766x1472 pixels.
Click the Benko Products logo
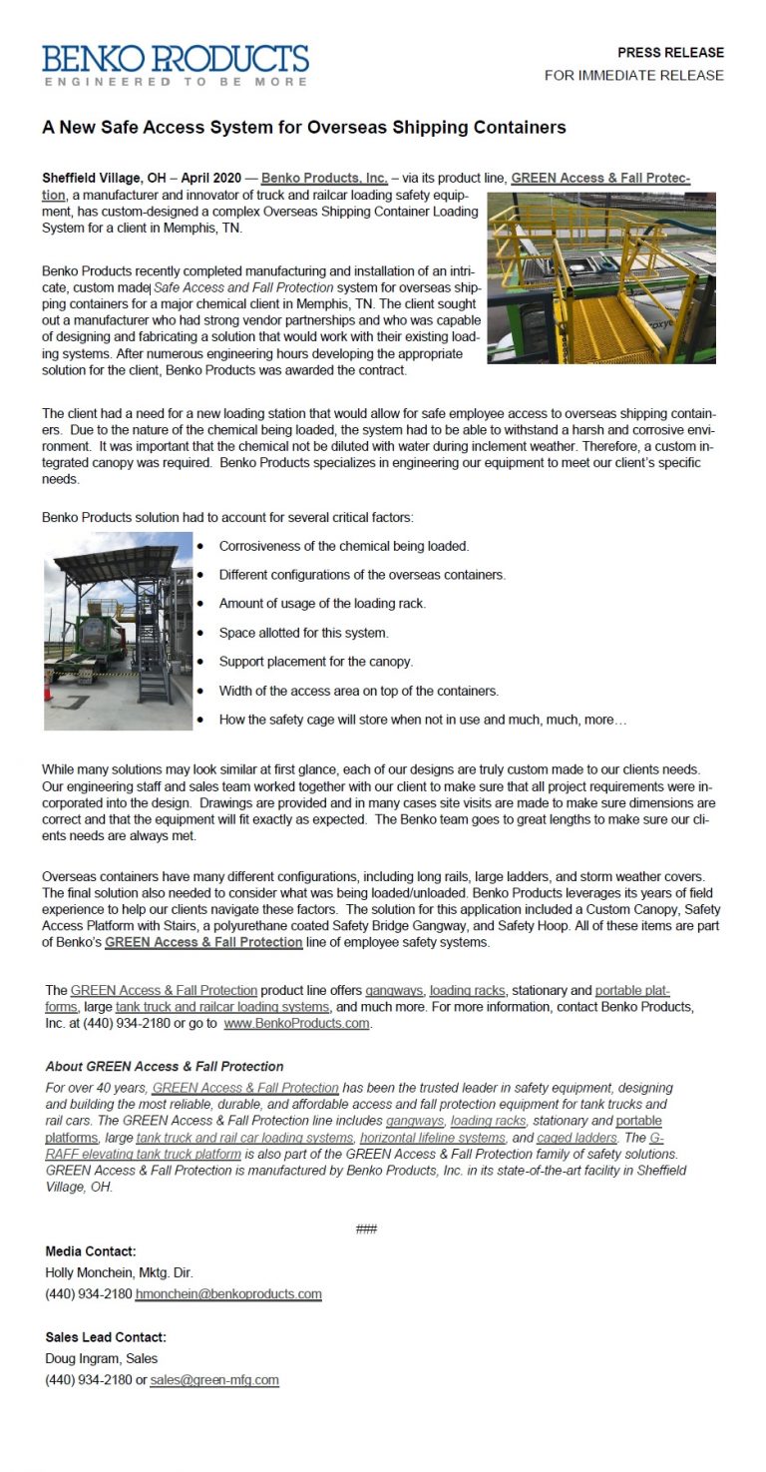[x=176, y=59]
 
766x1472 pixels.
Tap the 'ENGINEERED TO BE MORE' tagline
[x=176, y=82]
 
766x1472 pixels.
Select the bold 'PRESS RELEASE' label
[x=670, y=53]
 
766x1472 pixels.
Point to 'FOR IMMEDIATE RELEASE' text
[x=634, y=76]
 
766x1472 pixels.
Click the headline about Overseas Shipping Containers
[x=304, y=127]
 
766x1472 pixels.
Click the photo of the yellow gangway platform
[x=600, y=277]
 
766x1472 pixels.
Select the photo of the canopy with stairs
[x=118, y=631]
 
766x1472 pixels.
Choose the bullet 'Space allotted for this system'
[x=303, y=633]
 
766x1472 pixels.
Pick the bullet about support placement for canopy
[x=315, y=662]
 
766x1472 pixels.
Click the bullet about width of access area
[x=358, y=691]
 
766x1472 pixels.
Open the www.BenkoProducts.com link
[x=296, y=1024]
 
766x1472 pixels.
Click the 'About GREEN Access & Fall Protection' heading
[x=165, y=1066]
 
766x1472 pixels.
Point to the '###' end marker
[x=366, y=1228]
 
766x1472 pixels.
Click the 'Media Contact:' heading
[x=91, y=1250]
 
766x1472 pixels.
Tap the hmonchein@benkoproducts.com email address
[x=228, y=1294]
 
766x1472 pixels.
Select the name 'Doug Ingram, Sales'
[x=101, y=1358]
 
